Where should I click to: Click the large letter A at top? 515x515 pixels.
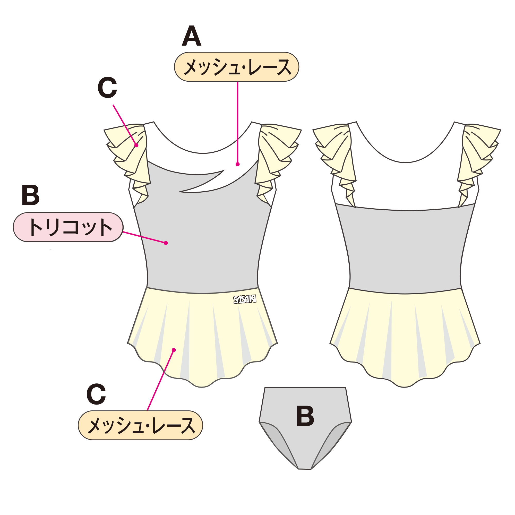pos(191,36)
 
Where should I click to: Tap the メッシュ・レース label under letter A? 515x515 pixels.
pos(236,67)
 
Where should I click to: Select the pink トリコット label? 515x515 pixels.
pos(68,227)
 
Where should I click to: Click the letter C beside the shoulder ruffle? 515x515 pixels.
pos(107,88)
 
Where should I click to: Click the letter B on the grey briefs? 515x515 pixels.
pos(305,416)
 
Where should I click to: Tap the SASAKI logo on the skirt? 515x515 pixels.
pos(245,299)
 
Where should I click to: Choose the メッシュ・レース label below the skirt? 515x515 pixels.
pos(141,425)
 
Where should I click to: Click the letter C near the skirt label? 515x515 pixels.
pos(96,394)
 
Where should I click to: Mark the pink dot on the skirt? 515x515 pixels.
pos(174,350)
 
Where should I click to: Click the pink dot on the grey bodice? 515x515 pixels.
pos(166,243)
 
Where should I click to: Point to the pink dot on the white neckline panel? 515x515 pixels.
pos(237,164)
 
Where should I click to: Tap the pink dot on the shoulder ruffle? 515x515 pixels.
pos(136,145)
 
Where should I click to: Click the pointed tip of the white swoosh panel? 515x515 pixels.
pos(181,191)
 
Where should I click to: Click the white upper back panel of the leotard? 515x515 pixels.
pos(405,184)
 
